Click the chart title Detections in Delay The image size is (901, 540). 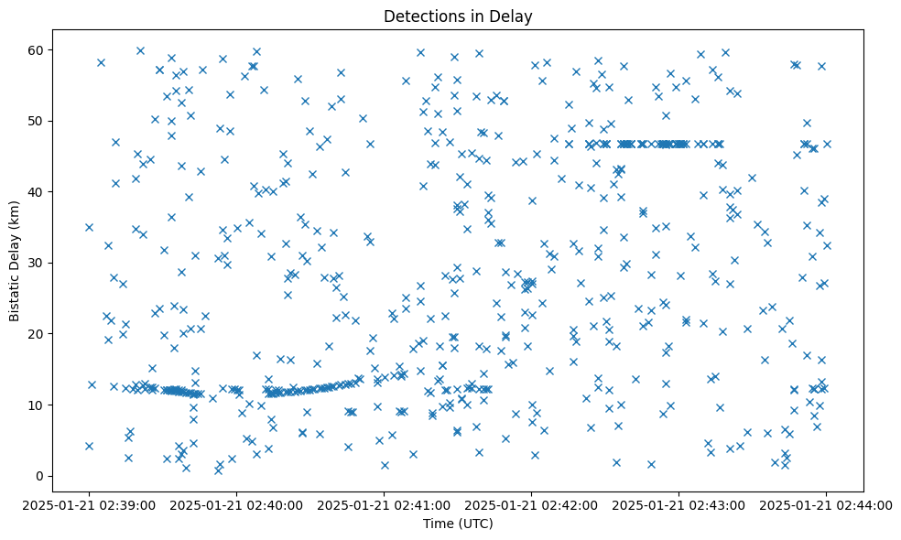click(458, 16)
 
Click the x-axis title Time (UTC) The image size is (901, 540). click(458, 524)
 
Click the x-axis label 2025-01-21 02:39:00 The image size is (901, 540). click(89, 504)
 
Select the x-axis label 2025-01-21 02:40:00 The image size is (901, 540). click(236, 504)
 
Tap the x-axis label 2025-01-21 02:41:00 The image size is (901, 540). click(384, 504)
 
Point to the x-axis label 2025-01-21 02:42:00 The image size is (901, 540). click(531, 504)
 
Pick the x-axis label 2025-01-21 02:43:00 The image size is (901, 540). click(678, 504)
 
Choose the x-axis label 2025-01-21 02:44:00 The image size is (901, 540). click(826, 504)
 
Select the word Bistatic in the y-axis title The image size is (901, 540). click(15, 293)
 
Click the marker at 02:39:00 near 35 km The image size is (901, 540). click(89, 227)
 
